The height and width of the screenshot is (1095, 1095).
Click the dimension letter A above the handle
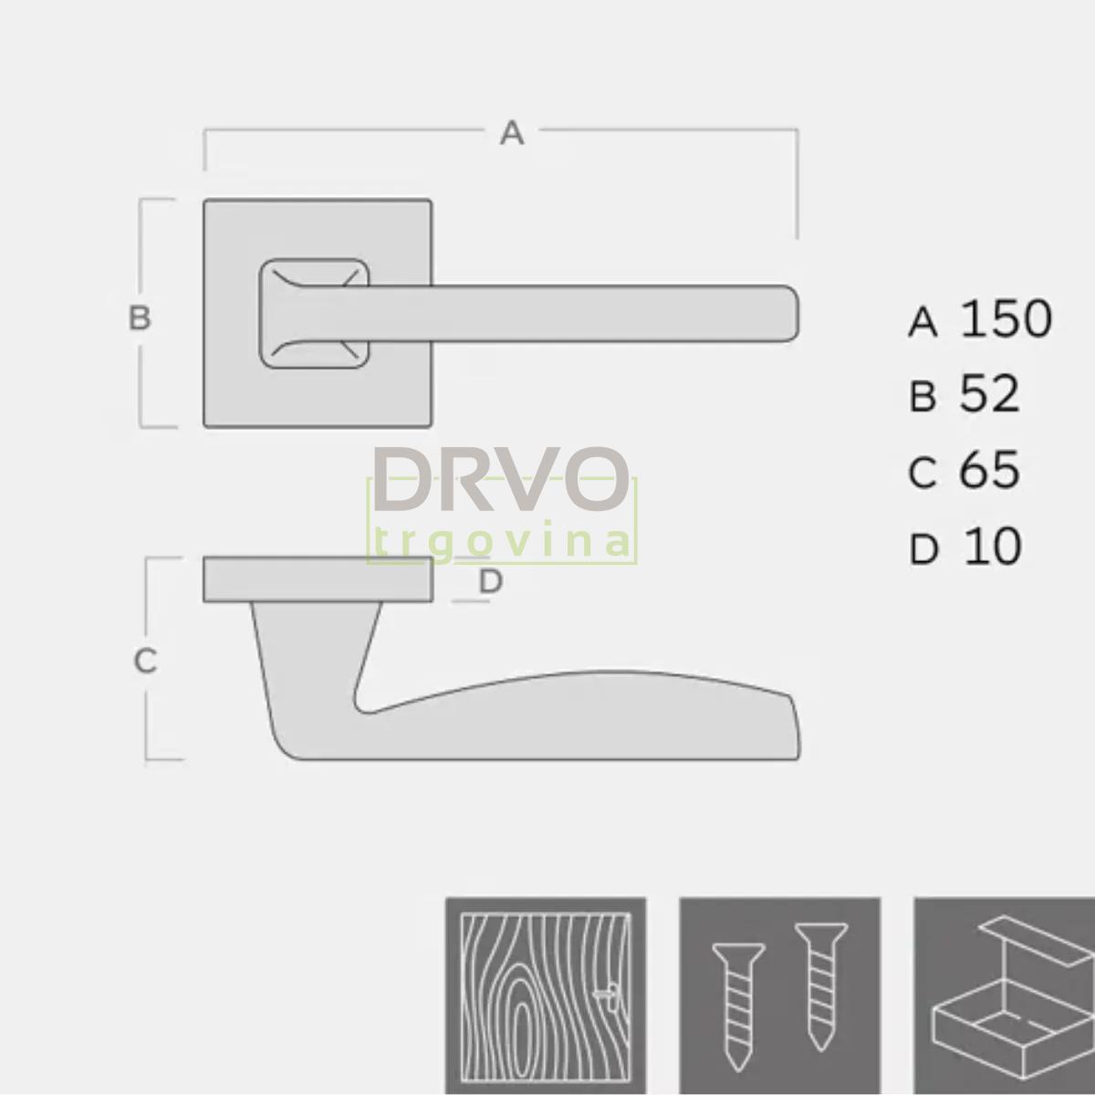point(512,133)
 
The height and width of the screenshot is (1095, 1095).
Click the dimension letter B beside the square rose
point(139,318)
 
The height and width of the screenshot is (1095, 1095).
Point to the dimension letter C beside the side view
point(145,661)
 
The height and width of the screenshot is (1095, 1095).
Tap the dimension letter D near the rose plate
point(491,581)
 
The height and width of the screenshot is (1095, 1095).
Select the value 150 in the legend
point(1006,318)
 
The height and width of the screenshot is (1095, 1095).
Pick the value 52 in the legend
point(989,394)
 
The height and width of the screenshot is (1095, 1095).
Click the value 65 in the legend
point(989,470)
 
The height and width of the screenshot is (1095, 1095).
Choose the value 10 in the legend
point(992,547)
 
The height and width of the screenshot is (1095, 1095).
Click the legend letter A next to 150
point(923,322)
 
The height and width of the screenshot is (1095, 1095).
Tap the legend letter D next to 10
point(923,550)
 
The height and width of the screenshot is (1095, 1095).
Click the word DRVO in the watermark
point(501,479)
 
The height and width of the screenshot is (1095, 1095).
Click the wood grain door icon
point(546,995)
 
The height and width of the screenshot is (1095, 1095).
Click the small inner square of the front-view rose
point(314,314)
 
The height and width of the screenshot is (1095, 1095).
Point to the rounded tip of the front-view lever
point(790,314)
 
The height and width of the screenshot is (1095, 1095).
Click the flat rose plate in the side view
point(318,579)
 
